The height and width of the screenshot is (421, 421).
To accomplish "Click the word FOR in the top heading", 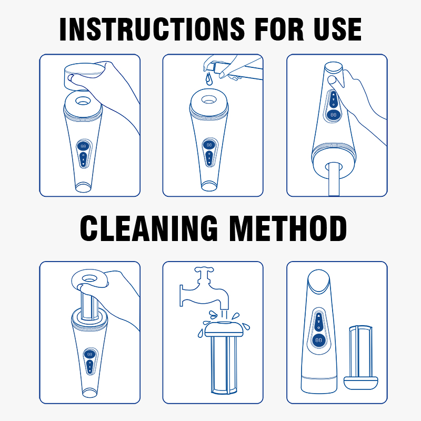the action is click(279, 29).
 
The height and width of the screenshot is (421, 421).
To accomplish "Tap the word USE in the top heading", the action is click(337, 29).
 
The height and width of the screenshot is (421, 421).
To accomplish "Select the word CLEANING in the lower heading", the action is click(148, 228).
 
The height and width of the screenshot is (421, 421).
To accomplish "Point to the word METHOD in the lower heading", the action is click(288, 228).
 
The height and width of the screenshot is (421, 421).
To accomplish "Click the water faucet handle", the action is click(204, 269).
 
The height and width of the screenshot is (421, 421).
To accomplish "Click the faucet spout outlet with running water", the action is click(225, 306).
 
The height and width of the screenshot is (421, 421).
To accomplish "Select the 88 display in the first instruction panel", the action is click(83, 146).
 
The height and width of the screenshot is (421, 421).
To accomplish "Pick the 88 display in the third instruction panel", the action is click(333, 115).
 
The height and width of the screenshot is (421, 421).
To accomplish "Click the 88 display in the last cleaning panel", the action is click(319, 340).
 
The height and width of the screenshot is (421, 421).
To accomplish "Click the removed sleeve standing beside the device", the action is click(360, 357).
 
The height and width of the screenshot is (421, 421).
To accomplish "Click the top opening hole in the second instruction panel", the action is click(209, 99).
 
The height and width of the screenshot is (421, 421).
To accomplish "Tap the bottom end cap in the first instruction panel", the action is click(83, 187).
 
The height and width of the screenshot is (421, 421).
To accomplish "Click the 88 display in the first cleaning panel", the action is click(89, 354).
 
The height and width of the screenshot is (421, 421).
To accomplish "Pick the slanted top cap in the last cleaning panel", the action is click(319, 282).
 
